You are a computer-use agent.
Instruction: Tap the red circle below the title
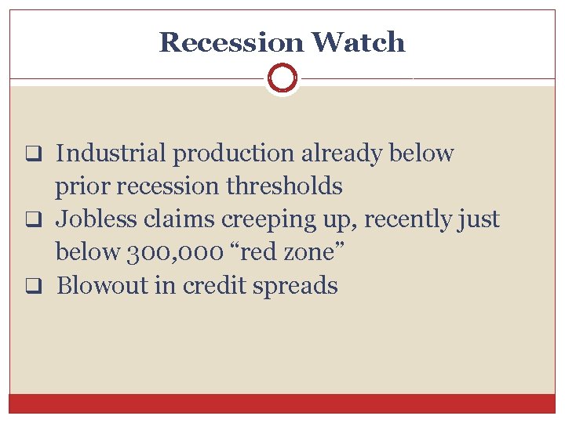pos(282,79)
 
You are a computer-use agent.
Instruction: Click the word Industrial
pos(111,154)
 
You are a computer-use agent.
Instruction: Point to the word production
pos(235,154)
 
